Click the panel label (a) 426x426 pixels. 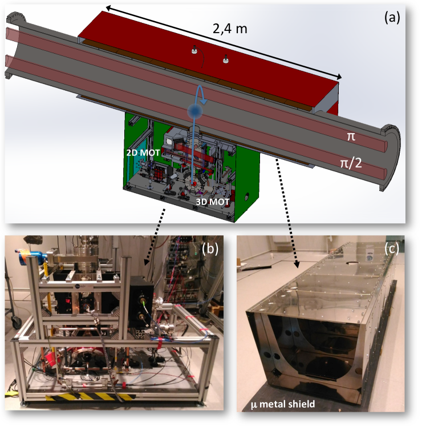coord(392,18)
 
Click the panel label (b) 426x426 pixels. coord(210,248)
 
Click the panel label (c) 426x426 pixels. coord(391,248)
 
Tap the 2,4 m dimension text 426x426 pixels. coord(230,29)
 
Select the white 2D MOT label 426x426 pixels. coord(143,152)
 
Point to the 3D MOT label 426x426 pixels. coord(213,202)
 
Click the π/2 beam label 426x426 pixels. coord(351,163)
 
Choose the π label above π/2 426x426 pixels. coord(351,136)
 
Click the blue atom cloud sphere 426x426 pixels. coord(195,110)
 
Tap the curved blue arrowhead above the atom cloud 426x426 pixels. coord(203,102)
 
